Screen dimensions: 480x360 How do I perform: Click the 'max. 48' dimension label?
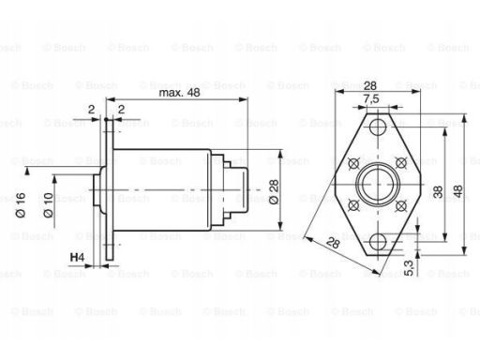[x=179, y=93]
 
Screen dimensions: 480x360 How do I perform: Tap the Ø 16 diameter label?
[x=21, y=205]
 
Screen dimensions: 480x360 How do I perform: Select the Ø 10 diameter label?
[x=49, y=205]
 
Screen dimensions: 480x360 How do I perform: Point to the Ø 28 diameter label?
[x=274, y=191]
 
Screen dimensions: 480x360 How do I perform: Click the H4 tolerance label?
[x=77, y=258]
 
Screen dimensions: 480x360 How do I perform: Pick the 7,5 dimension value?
[x=371, y=98]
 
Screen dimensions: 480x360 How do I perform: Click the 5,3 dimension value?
[x=409, y=268]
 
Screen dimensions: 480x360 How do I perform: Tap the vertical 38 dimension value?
[x=438, y=192]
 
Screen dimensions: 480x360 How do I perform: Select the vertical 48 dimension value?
[x=457, y=191]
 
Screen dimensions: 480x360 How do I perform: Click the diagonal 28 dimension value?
[x=333, y=243]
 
